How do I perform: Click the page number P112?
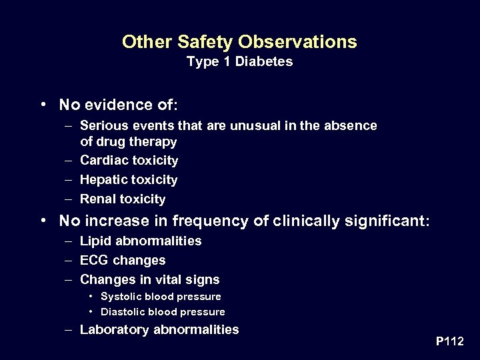point(449,341)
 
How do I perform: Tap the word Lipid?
point(95,241)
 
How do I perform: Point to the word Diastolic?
point(123,312)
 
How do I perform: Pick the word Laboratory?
point(115,329)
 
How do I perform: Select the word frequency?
point(203,221)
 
